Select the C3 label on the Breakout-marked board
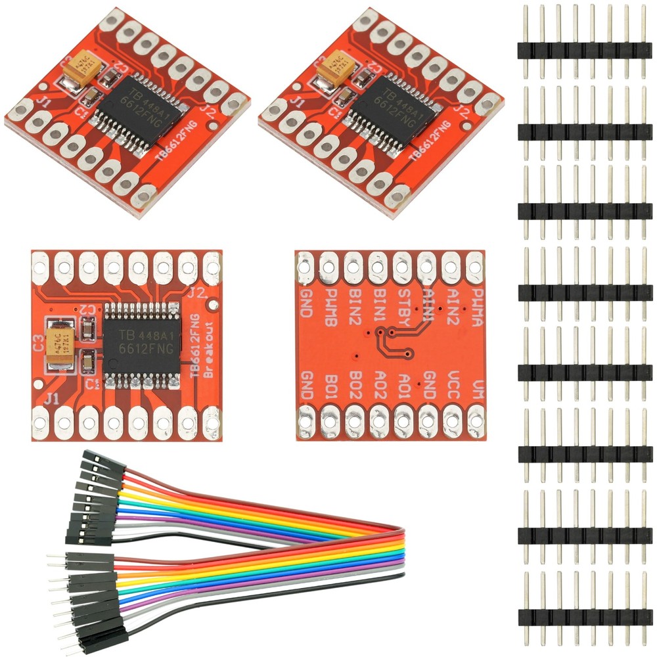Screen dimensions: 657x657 click(x=38, y=342)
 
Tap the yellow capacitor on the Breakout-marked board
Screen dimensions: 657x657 click(x=63, y=340)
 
